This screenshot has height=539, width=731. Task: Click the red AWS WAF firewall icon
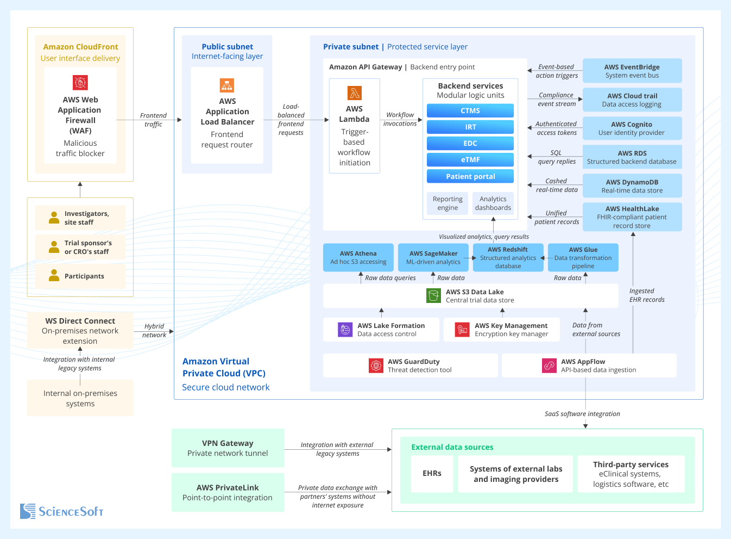(80, 83)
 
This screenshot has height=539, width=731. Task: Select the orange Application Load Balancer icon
(227, 85)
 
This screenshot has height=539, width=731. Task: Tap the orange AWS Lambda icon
(355, 93)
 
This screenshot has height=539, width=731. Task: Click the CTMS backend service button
(470, 110)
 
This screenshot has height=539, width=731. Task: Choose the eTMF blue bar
(470, 160)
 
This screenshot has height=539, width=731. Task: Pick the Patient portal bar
(470, 177)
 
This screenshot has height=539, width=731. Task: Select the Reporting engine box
(448, 203)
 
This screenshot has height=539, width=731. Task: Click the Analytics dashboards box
(493, 203)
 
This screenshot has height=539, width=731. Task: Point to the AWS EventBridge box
(632, 71)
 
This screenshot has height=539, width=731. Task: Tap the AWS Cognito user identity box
(632, 129)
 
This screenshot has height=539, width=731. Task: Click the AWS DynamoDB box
(632, 187)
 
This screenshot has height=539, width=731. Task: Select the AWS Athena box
(358, 258)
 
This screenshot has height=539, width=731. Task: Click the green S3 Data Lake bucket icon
(433, 295)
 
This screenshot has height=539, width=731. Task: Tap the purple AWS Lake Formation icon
(345, 330)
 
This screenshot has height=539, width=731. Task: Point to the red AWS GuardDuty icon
(376, 365)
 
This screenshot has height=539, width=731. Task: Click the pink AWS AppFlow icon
(549, 365)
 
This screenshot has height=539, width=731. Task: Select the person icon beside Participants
(54, 276)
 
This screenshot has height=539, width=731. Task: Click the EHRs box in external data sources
(432, 474)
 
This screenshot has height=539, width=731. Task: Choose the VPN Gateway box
(228, 448)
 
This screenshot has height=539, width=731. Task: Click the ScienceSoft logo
(61, 511)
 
